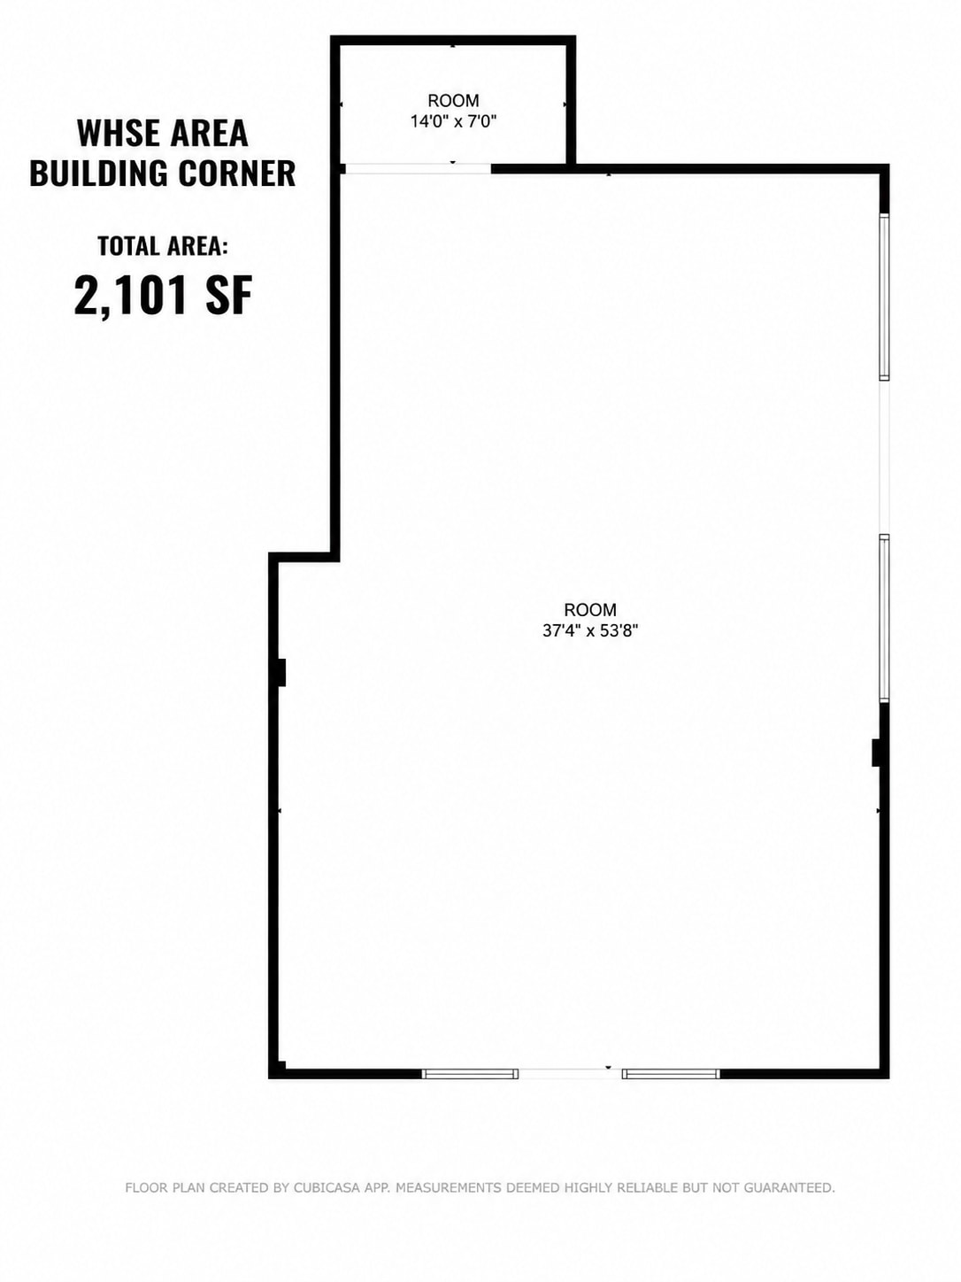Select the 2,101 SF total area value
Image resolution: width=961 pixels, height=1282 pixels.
click(163, 296)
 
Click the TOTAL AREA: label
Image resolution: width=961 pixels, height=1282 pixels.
click(162, 246)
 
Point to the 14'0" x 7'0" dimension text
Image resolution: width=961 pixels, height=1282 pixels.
click(453, 121)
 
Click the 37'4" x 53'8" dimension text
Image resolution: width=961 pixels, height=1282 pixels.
click(590, 630)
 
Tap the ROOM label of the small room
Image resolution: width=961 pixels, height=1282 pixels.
click(453, 101)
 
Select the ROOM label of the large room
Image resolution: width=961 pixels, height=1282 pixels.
click(590, 610)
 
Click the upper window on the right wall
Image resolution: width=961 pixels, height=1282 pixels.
click(884, 297)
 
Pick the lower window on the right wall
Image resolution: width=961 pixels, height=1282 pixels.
click(884, 618)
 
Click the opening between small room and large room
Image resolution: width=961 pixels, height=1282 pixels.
click(419, 169)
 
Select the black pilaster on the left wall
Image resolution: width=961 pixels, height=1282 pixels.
click(281, 672)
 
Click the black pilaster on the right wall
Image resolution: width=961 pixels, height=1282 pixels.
click(876, 753)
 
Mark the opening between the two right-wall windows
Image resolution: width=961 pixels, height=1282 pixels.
click(884, 458)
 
